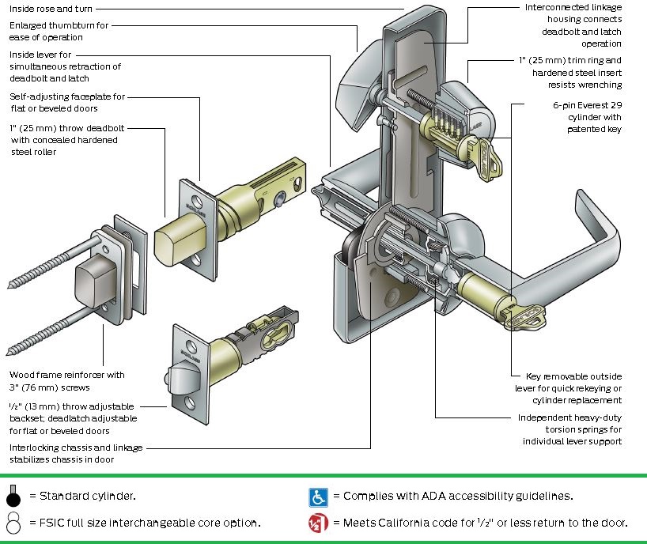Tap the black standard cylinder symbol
[x=13, y=497]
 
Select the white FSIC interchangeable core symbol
[x=13, y=523]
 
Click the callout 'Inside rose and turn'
[x=51, y=9]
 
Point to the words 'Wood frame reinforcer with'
[x=67, y=375]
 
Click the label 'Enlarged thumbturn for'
[x=59, y=25]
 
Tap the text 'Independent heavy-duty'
[x=569, y=417]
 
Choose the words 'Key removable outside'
[x=573, y=376]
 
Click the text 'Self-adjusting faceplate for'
[x=67, y=96]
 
